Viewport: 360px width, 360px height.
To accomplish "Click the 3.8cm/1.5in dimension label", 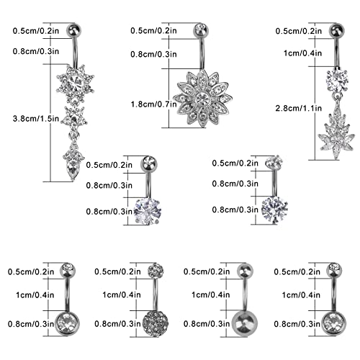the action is (36, 119).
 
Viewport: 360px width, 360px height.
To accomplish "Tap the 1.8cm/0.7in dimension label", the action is (153, 104).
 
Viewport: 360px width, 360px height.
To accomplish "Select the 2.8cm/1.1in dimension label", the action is (299, 108).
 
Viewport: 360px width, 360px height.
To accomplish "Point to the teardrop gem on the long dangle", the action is (73, 170).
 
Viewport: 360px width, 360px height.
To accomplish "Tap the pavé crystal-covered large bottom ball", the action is (156, 323).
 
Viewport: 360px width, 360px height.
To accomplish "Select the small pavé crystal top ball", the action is (156, 271).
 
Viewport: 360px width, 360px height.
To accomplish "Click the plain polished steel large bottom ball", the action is (245, 323).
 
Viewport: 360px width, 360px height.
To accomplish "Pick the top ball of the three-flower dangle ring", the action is (73, 31).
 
